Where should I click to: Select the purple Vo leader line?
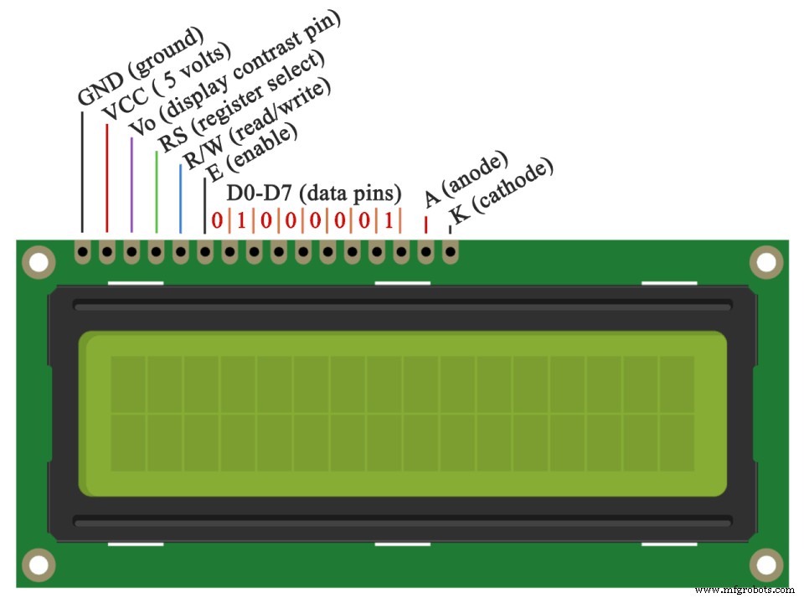131,184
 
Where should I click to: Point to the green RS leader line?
156,191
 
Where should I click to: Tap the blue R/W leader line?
180,198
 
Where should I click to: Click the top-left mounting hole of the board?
37,263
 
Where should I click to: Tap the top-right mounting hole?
765,263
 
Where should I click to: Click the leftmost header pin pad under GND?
82,250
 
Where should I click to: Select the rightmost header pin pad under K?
451,250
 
